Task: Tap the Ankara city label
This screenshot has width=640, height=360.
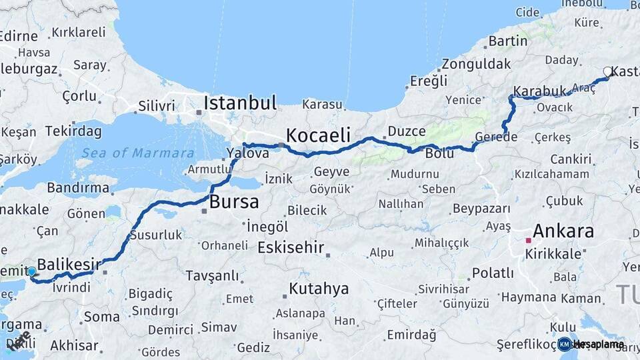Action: (x=563, y=232)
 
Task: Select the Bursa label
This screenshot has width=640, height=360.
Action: (x=234, y=202)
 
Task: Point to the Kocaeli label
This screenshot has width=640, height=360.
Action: (x=318, y=135)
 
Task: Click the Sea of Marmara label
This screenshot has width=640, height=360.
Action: (x=135, y=153)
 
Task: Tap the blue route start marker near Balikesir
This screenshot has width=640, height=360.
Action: (x=31, y=271)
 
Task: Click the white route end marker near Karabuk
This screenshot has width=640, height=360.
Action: (x=607, y=71)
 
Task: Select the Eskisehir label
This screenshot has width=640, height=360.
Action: (x=291, y=248)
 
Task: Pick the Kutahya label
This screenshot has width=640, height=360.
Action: (x=318, y=289)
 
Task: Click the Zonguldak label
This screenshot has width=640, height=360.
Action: (x=475, y=65)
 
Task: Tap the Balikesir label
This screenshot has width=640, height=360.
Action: (x=69, y=265)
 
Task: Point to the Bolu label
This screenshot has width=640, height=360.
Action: (x=439, y=153)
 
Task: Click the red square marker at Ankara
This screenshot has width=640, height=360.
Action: (x=528, y=240)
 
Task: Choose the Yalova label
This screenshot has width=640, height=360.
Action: (x=247, y=153)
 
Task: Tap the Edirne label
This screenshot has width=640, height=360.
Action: (x=19, y=36)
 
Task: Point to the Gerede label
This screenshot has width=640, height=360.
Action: (x=496, y=137)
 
